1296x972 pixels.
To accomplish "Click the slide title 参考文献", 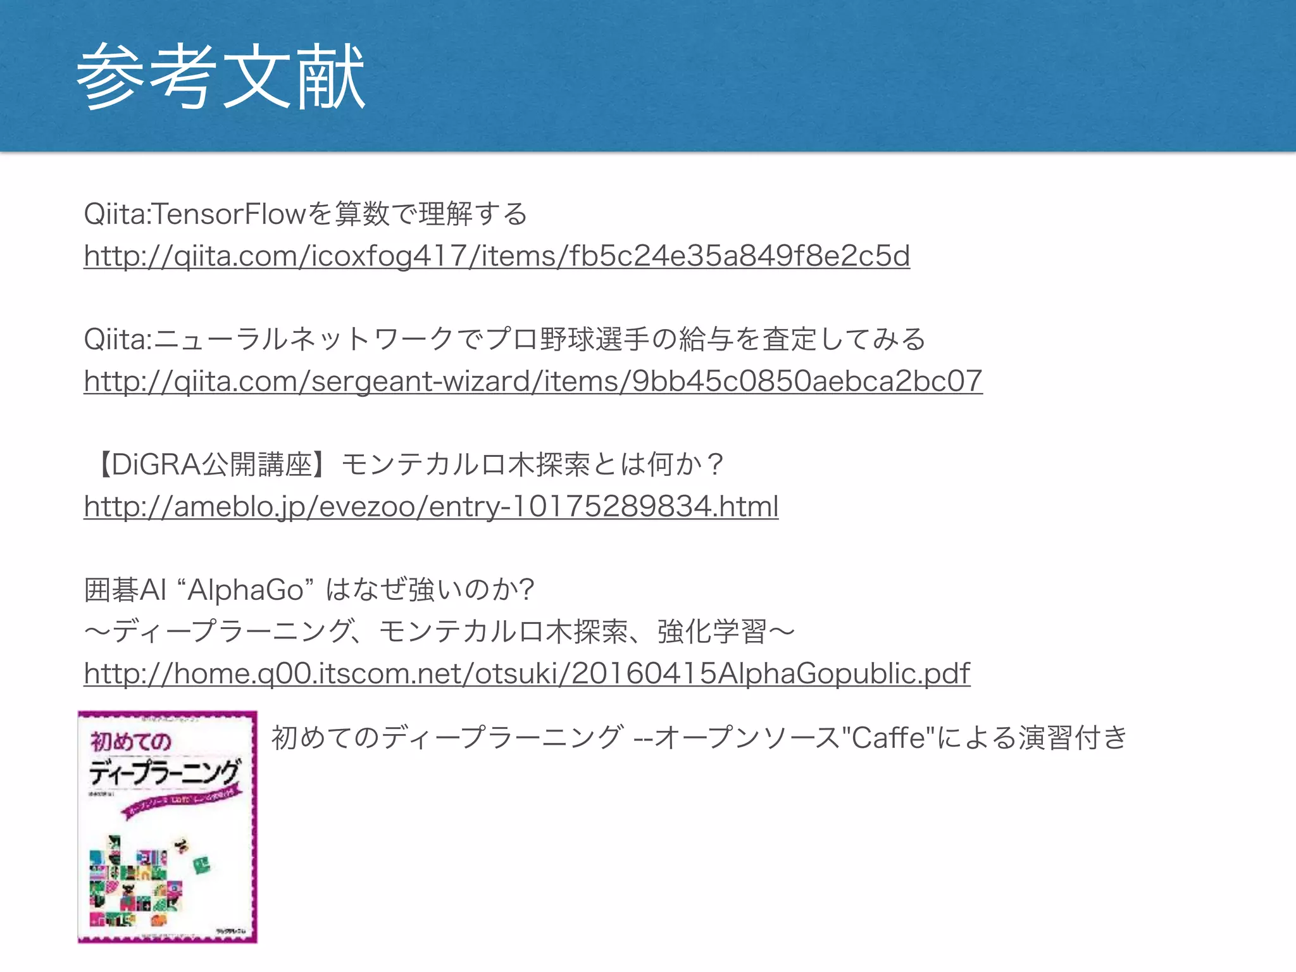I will coord(221,77).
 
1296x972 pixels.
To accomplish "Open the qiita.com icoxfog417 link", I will coord(497,256).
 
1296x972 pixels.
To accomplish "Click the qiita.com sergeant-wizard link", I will coord(533,382).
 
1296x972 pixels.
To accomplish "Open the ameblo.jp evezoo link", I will coord(431,507).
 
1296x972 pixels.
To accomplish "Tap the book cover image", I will coord(167,826).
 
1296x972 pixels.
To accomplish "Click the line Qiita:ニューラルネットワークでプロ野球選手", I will coord(504,340).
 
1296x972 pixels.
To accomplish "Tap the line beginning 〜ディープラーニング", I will coord(439,632).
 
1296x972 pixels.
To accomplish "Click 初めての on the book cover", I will coord(131,741).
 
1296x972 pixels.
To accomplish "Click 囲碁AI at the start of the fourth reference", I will coord(125,590).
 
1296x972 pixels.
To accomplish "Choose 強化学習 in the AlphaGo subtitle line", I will coord(712,632).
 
